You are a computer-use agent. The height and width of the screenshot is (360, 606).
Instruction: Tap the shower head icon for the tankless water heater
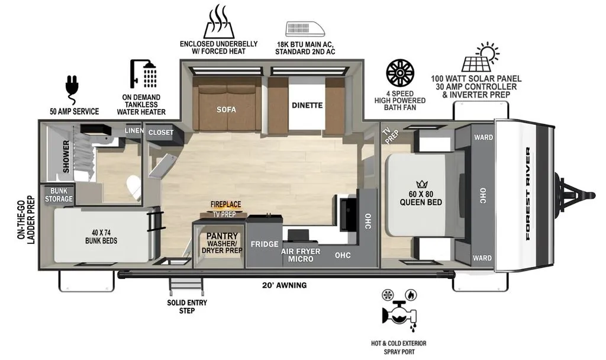pyautogui.click(x=143, y=74)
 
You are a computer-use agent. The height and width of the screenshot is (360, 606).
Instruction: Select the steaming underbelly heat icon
pyautogui.click(x=219, y=21)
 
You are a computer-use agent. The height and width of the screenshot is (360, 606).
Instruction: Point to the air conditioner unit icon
pyautogui.click(x=305, y=30)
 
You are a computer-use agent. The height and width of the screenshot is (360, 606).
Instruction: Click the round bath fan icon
pyautogui.click(x=400, y=73)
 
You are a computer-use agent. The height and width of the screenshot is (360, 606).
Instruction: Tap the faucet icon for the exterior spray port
pyautogui.click(x=399, y=311)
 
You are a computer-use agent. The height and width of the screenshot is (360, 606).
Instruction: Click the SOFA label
pyautogui.click(x=226, y=110)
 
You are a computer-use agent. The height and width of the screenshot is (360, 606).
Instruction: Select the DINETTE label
pyautogui.click(x=307, y=105)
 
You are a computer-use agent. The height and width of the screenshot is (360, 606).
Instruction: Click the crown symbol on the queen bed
pyautogui.click(x=421, y=185)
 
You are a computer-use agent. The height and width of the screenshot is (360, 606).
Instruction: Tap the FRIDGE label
pyautogui.click(x=265, y=244)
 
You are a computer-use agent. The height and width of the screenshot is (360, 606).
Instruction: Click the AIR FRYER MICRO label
pyautogui.click(x=301, y=255)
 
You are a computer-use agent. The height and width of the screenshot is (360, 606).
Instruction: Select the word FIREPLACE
pyautogui.click(x=225, y=204)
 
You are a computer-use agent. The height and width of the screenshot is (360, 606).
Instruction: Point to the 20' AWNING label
pyautogui.click(x=285, y=285)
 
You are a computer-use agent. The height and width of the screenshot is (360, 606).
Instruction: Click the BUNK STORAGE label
pyautogui.click(x=59, y=195)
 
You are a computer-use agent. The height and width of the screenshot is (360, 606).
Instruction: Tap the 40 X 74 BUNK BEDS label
pyautogui.click(x=101, y=237)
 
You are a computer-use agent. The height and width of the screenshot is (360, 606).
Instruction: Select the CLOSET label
pyautogui.click(x=161, y=133)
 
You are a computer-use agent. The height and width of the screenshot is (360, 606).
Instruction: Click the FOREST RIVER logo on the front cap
pyautogui.click(x=527, y=194)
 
